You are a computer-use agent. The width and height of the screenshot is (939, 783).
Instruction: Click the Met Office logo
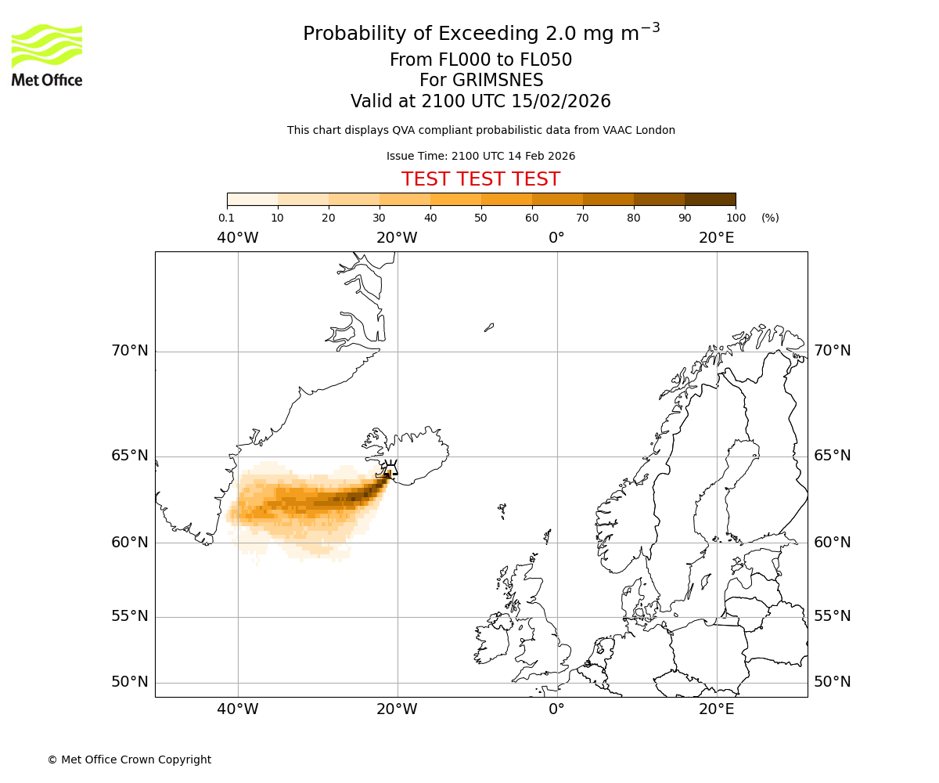(x=47, y=55)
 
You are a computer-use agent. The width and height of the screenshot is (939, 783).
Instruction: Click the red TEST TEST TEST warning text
(x=480, y=179)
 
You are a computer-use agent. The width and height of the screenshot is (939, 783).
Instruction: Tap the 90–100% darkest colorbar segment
(x=710, y=199)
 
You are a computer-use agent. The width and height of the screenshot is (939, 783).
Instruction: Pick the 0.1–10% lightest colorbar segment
(x=253, y=199)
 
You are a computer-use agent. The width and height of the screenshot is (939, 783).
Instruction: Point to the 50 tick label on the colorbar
(x=480, y=218)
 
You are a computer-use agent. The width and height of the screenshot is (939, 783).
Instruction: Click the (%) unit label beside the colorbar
(x=770, y=218)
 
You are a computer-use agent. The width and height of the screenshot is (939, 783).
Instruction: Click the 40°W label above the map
(x=238, y=237)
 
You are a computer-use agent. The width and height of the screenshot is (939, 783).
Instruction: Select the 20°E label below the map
(x=716, y=709)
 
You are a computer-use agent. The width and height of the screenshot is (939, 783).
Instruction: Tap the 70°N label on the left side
(x=130, y=351)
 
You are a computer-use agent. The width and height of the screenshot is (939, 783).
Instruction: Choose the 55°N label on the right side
(x=833, y=616)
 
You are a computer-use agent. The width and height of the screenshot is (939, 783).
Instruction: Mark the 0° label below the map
(x=556, y=709)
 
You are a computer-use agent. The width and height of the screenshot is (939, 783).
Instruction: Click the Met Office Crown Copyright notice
(x=129, y=760)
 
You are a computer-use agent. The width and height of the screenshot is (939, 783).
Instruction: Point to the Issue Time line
(x=480, y=156)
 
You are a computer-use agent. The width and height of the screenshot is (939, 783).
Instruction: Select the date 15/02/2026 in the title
(x=561, y=101)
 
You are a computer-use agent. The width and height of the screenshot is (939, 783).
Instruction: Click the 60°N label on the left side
(x=130, y=542)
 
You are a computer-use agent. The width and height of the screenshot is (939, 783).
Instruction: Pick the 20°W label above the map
(x=397, y=237)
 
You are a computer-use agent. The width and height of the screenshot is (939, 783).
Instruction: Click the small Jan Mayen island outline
(x=489, y=327)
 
